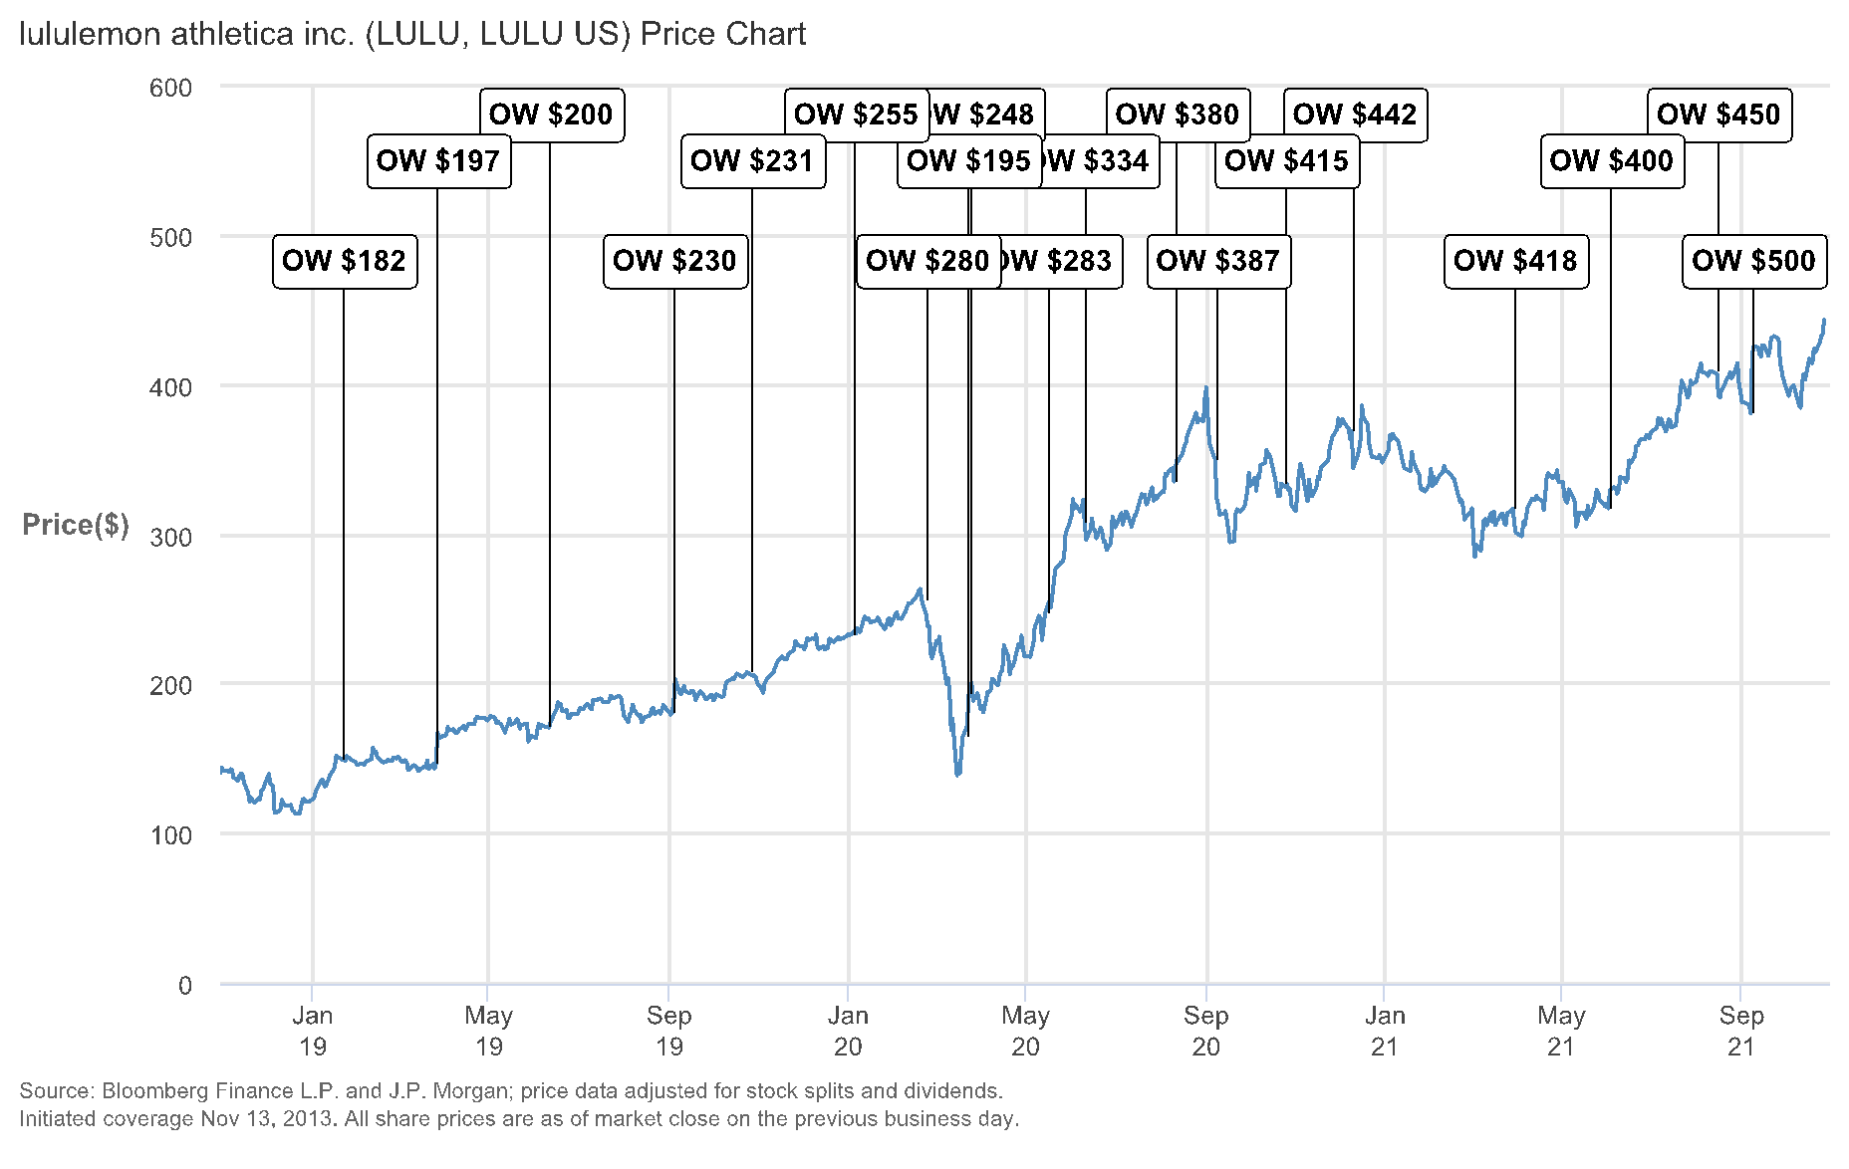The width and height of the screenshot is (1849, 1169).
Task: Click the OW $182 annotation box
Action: (345, 261)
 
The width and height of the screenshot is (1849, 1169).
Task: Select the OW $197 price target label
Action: (438, 161)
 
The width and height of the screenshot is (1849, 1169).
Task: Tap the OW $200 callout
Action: (551, 115)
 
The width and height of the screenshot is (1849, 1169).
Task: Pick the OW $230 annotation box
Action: (674, 261)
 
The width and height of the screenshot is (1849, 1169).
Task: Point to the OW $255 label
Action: (856, 115)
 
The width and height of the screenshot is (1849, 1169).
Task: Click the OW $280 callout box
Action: (927, 261)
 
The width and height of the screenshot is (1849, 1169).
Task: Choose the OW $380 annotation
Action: (1178, 115)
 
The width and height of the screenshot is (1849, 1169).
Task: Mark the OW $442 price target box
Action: (1355, 115)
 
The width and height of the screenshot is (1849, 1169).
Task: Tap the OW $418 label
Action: (1515, 261)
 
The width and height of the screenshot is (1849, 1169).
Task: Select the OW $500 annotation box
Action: (1754, 261)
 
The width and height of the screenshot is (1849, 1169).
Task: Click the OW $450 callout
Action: (1718, 115)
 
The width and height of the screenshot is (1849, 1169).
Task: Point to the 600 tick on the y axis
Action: (170, 88)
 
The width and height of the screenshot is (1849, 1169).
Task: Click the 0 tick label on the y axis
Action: (184, 985)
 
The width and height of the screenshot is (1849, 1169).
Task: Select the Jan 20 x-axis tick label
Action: (848, 1031)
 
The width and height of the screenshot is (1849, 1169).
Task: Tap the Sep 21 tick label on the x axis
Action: (1740, 1031)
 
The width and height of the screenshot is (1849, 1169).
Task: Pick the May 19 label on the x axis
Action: (488, 1031)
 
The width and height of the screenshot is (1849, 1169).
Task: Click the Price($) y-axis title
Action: (76, 525)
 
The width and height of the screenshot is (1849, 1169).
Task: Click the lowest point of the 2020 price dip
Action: (957, 775)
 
